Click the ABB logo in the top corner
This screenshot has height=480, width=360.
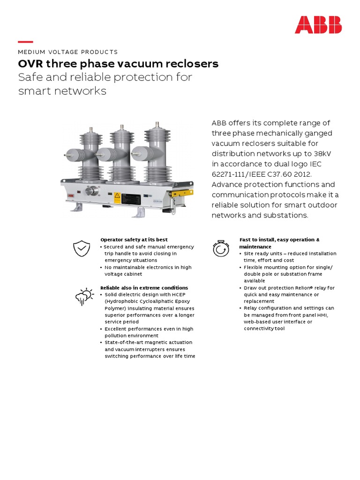pos(318,25)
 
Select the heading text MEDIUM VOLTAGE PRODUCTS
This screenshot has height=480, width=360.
pos(68,52)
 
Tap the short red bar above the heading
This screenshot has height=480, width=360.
pos(25,42)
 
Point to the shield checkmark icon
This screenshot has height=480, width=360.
pos(82,248)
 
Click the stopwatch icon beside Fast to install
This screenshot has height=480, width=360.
pos(221,248)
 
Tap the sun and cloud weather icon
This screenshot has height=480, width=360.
pos(84,296)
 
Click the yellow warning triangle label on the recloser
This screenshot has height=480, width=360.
pos(117,195)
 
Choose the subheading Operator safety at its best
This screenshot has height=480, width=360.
pos(134,240)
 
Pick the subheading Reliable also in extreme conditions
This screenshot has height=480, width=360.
pos(144,287)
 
